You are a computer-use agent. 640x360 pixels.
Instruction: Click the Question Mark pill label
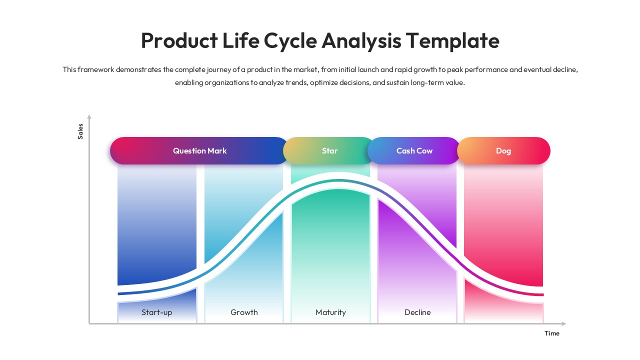(x=199, y=150)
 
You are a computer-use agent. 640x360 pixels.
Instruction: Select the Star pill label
(x=329, y=150)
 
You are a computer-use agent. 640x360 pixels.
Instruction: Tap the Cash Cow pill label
(x=414, y=150)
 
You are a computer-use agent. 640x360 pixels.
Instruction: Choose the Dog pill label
(x=503, y=150)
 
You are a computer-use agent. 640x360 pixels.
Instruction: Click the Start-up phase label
(x=156, y=312)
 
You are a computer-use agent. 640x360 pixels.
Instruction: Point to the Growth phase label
(x=244, y=312)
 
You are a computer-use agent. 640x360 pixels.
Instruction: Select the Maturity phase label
(x=330, y=312)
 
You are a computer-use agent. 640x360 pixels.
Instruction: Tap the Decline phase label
(x=417, y=312)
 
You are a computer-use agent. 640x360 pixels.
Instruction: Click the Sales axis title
(x=80, y=131)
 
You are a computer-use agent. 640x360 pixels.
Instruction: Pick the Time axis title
(x=552, y=333)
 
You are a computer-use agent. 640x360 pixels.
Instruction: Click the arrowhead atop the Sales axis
(x=89, y=117)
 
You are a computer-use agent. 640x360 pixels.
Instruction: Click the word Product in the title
(x=179, y=40)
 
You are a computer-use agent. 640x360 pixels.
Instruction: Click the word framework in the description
(x=95, y=69)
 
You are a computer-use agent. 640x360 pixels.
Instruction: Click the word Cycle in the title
(x=290, y=40)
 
